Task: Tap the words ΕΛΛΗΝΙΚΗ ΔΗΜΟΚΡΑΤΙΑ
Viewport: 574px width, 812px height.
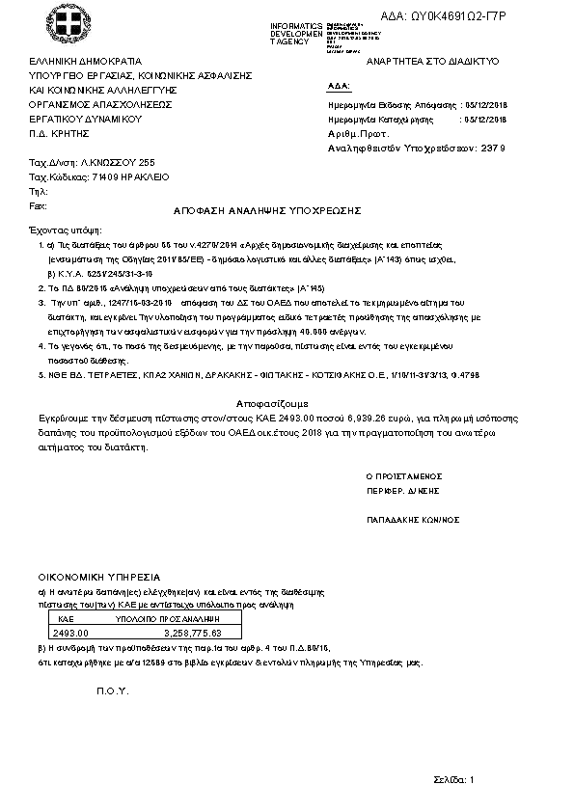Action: click(85, 60)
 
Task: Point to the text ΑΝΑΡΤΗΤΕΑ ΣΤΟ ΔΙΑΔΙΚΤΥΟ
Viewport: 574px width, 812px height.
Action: click(426, 60)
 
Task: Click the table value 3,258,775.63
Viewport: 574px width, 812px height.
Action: click(193, 633)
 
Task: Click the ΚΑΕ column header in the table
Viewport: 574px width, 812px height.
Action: click(67, 618)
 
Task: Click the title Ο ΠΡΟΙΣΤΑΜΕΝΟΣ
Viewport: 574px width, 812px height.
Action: click(403, 476)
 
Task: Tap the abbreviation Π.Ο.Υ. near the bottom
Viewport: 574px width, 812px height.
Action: click(113, 692)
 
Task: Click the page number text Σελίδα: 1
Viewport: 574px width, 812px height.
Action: click(452, 778)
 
